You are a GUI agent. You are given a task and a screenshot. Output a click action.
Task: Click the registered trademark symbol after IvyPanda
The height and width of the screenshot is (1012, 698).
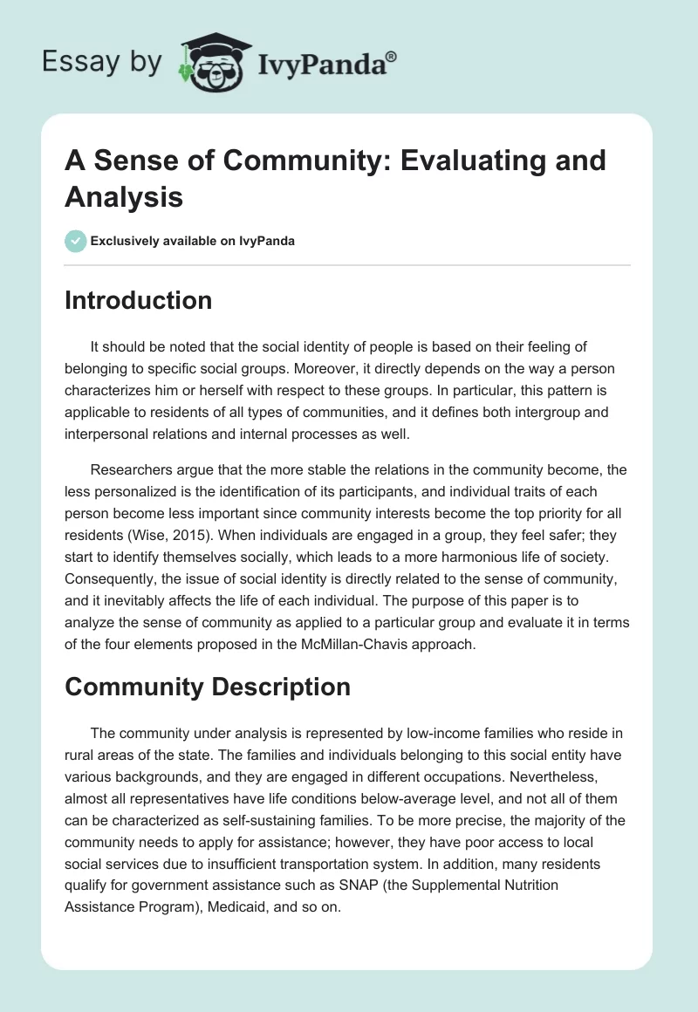(x=391, y=58)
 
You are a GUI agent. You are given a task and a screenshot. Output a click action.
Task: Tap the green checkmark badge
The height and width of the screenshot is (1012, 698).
(x=76, y=241)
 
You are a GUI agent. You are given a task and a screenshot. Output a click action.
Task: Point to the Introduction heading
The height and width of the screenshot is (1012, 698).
(x=138, y=301)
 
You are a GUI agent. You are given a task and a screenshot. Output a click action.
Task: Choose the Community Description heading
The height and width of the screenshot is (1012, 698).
(x=208, y=687)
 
